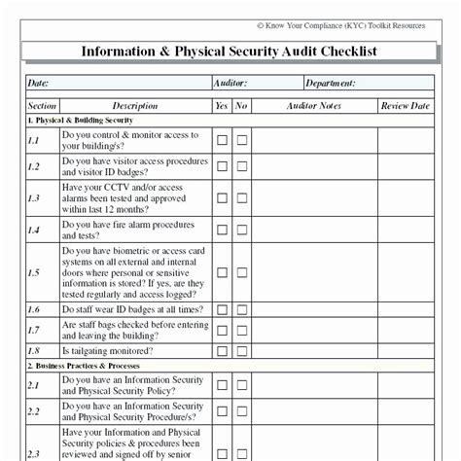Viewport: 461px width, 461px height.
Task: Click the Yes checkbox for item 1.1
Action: point(222,141)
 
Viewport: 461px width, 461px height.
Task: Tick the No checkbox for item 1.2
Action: point(241,166)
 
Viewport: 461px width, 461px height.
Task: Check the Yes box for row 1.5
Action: point(222,273)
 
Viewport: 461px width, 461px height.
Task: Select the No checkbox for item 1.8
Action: point(241,351)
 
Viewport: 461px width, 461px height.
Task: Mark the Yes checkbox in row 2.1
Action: point(222,385)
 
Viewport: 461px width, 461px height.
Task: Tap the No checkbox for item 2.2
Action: point(241,411)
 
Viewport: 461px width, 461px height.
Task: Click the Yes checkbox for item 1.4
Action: point(222,230)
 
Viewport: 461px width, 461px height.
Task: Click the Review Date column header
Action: point(405,105)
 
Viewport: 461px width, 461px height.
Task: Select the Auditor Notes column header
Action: point(313,105)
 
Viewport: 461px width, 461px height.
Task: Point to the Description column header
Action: point(134,105)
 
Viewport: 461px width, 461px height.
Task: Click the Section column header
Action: point(42,105)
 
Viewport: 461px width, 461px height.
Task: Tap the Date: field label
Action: point(39,84)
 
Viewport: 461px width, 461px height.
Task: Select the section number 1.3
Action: point(33,198)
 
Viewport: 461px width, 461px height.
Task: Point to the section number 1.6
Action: point(33,309)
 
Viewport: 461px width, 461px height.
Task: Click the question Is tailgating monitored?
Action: point(106,351)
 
